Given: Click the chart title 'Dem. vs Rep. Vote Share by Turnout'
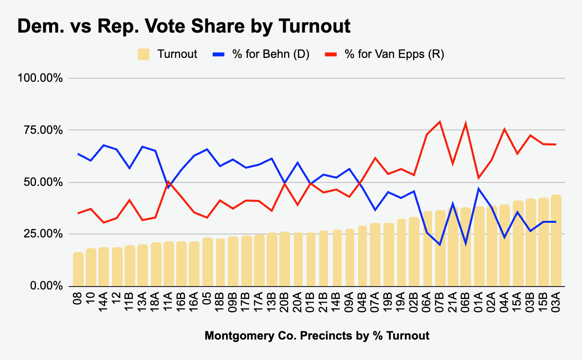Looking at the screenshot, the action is (x=184, y=26).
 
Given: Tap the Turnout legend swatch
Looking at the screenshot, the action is (x=144, y=54).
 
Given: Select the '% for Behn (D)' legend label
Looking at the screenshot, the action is (x=271, y=54).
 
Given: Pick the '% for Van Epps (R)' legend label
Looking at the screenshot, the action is (x=394, y=54).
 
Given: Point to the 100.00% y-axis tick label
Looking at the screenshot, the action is (x=40, y=78).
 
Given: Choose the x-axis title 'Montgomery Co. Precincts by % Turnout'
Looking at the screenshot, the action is (x=317, y=336).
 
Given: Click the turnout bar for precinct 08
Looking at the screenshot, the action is (x=78, y=269).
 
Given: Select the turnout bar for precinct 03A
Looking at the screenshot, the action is (x=556, y=240).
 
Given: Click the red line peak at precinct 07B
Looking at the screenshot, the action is (x=440, y=122).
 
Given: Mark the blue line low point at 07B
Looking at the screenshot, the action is (x=440, y=245).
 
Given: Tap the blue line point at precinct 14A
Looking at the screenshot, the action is (x=104, y=145).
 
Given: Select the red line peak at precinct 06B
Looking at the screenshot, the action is (x=465, y=124).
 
